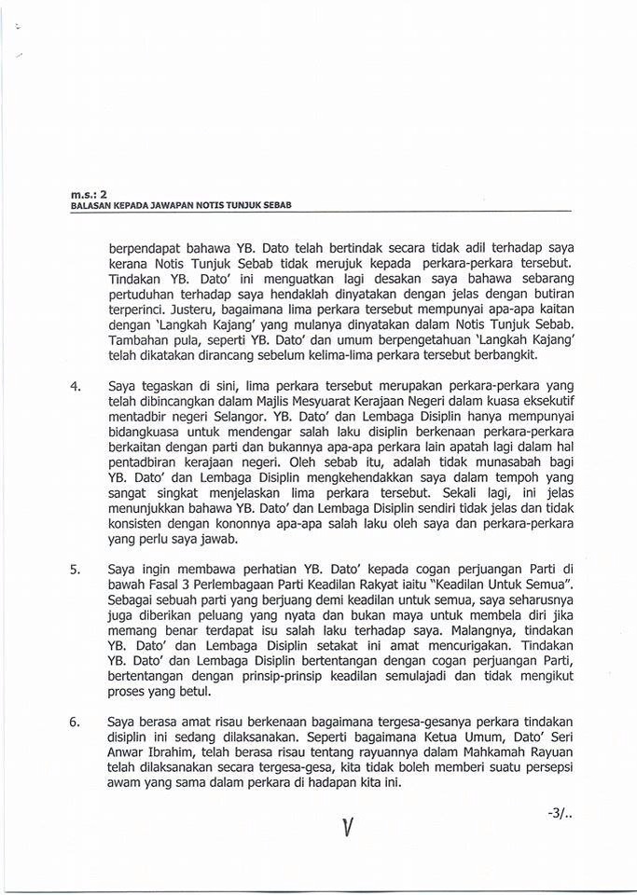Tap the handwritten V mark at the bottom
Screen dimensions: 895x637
point(347,827)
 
